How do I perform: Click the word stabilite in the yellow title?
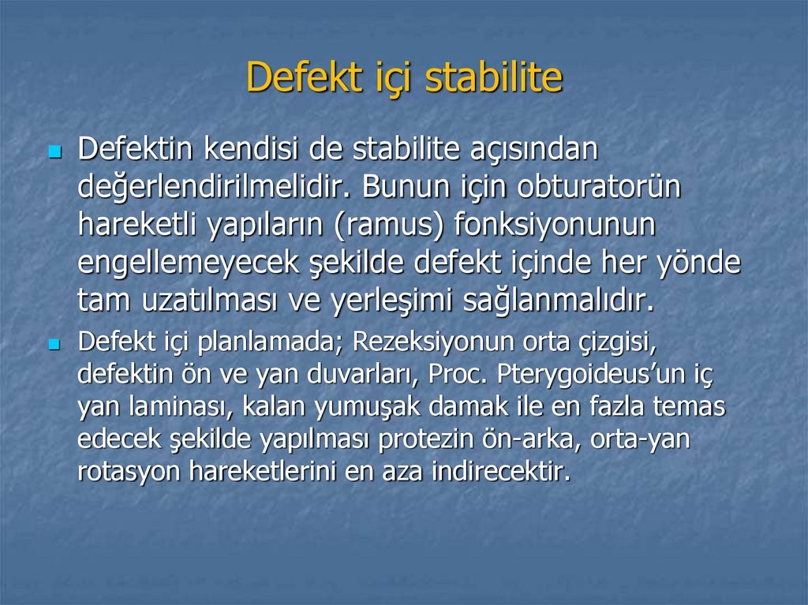point(493,77)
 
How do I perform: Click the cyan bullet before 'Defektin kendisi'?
point(54,150)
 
